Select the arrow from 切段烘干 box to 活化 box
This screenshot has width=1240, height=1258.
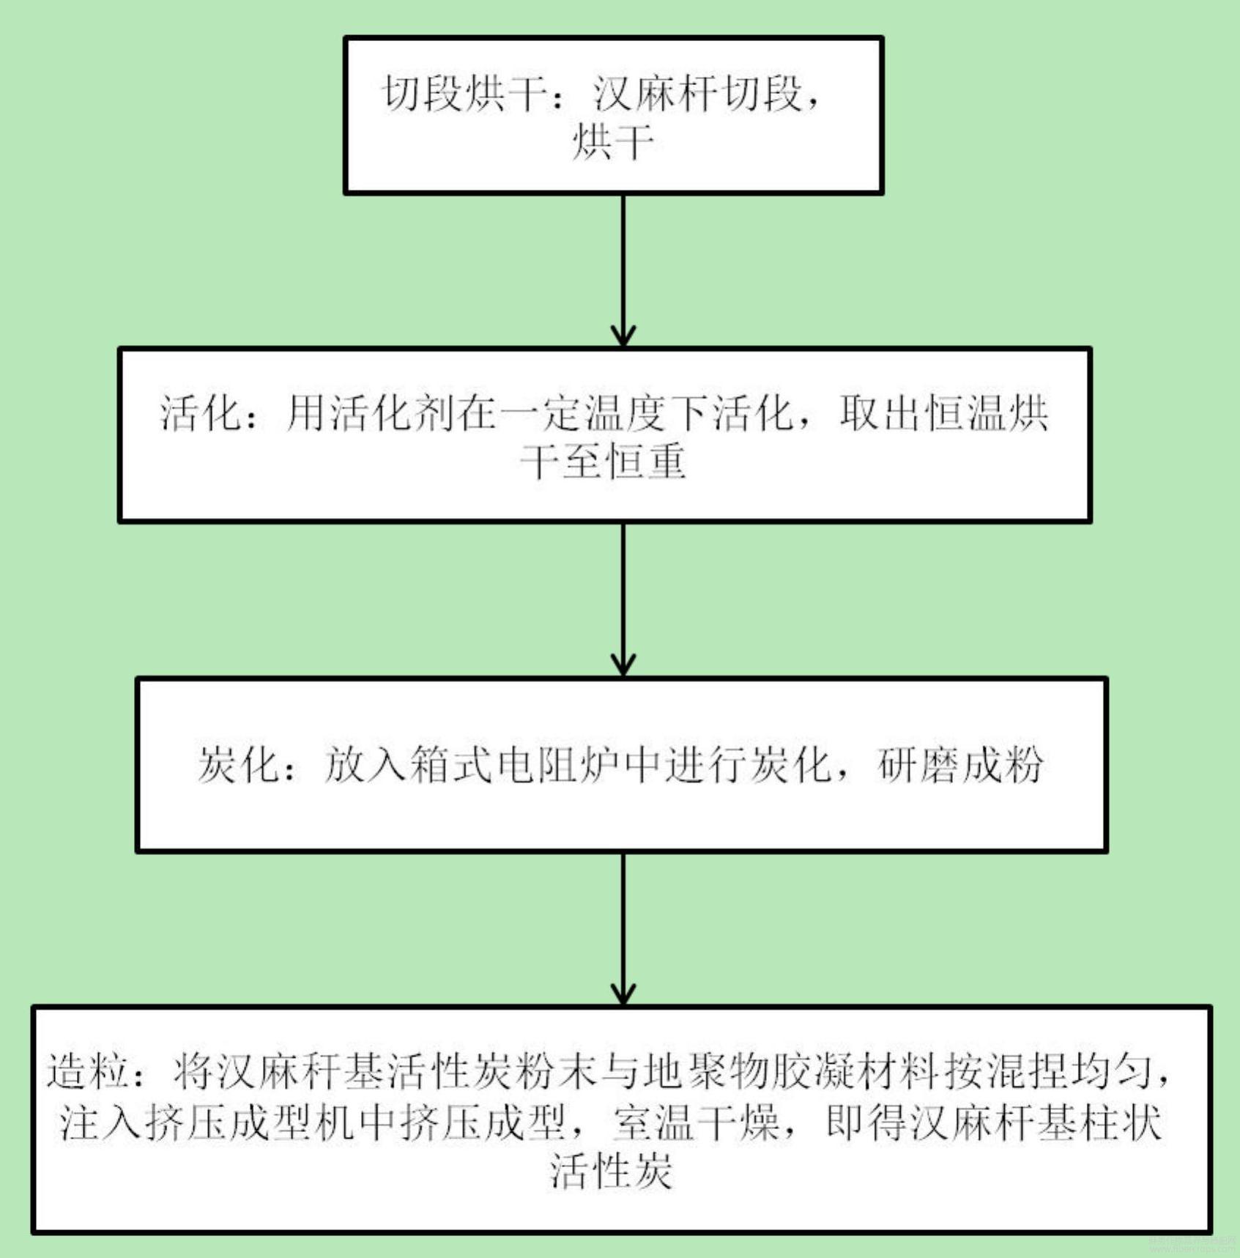coord(623,270)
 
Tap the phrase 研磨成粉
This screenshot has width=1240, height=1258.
coord(961,765)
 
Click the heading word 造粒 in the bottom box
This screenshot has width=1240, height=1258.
coord(88,1071)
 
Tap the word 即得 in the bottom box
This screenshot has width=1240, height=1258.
coord(867,1121)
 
